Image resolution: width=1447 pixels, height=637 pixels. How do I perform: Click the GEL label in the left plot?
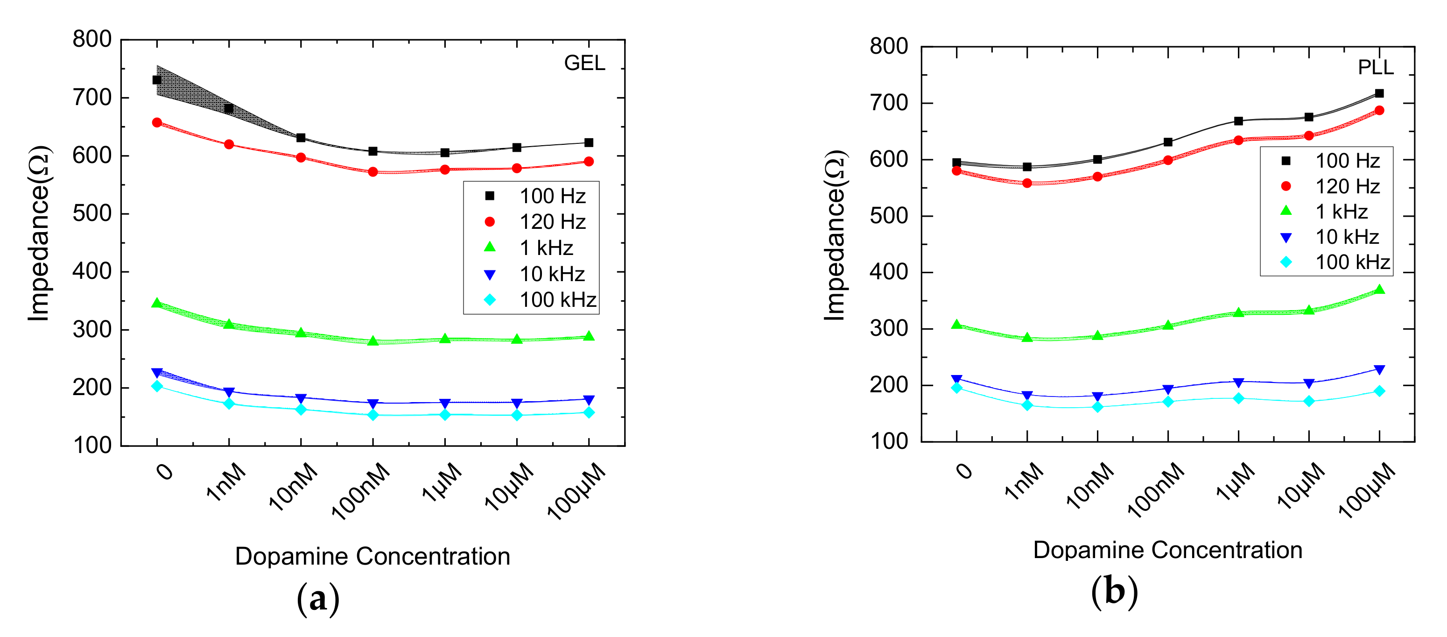[584, 63]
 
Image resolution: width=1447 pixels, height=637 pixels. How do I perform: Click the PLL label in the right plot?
[1375, 67]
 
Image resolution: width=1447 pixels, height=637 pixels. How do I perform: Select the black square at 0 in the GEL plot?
[157, 80]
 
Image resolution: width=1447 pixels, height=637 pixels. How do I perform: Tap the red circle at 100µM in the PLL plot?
[1379, 111]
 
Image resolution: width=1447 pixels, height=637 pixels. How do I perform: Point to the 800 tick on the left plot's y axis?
[92, 39]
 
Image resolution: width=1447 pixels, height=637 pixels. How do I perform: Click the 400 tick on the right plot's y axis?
[889, 272]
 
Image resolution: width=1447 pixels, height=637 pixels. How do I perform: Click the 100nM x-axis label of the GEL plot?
[361, 490]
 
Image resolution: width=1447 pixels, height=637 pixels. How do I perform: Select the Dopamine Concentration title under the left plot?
[372, 556]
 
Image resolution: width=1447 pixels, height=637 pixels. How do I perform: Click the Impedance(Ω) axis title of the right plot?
[835, 235]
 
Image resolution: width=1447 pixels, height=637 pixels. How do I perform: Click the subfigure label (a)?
[318, 598]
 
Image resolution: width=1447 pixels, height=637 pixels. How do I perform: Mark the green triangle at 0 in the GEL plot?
[157, 303]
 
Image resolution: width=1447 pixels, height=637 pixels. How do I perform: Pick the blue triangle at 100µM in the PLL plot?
[1379, 370]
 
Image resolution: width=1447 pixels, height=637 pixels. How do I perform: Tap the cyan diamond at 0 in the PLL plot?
[956, 388]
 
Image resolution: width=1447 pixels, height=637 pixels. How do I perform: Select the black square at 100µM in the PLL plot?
[1379, 93]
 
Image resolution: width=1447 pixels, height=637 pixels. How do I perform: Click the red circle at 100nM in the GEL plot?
[372, 172]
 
